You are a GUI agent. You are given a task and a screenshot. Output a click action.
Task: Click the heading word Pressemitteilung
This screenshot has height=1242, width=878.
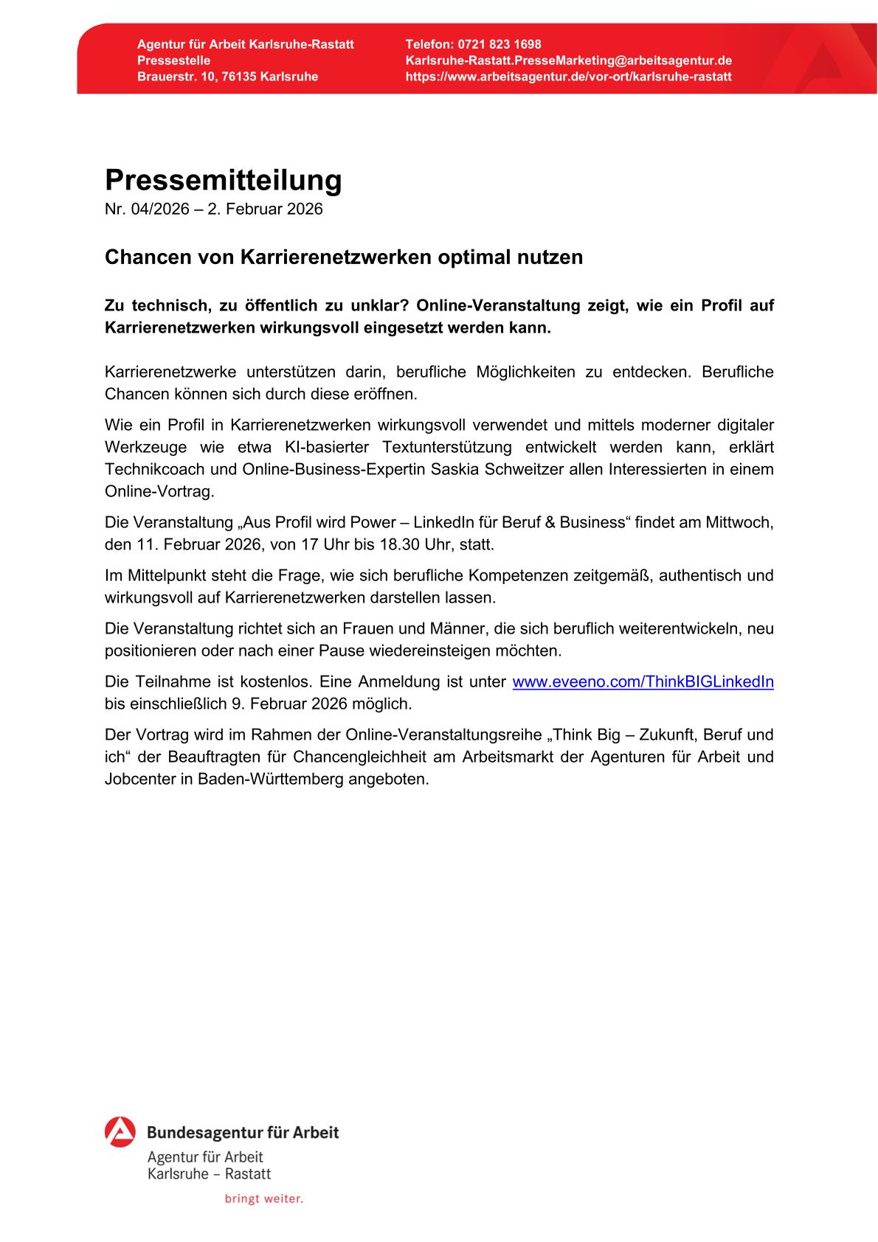(x=224, y=180)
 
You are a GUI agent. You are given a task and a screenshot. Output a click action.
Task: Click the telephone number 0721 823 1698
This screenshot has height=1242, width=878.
(x=500, y=44)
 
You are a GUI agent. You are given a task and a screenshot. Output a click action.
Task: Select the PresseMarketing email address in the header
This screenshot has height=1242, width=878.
(x=568, y=60)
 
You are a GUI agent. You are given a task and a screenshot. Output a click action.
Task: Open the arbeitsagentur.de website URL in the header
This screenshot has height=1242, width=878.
(x=568, y=77)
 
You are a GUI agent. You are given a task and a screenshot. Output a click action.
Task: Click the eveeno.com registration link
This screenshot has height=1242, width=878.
(x=643, y=681)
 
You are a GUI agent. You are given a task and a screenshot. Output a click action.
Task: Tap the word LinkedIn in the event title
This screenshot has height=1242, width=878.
(x=444, y=523)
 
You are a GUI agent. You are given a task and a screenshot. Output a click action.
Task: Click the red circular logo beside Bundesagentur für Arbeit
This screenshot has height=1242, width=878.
(x=120, y=1132)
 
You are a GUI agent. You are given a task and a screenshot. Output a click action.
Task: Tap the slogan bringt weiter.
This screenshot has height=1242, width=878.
(x=264, y=1198)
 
